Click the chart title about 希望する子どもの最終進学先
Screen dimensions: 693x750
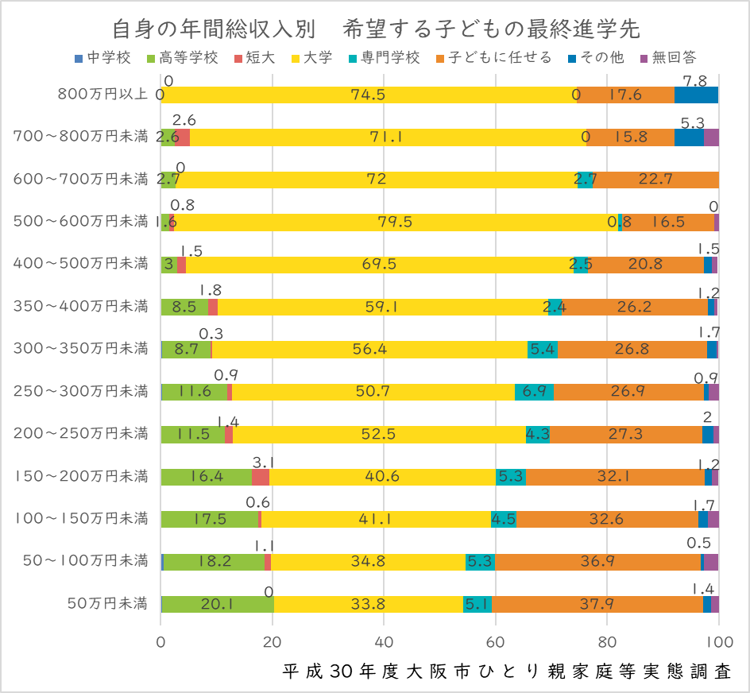(x=375, y=29)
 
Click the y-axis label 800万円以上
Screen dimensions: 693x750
(x=103, y=95)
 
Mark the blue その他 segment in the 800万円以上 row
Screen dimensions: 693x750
(x=696, y=95)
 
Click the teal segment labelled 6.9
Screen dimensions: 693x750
(x=534, y=392)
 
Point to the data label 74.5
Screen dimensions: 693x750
(x=368, y=95)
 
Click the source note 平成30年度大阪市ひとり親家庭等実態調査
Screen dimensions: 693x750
(x=507, y=671)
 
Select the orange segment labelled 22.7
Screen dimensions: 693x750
(x=656, y=180)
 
